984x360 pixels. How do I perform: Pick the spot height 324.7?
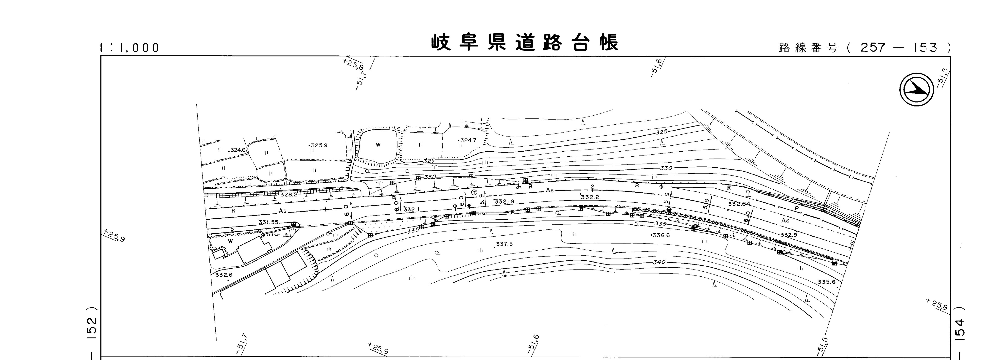(468, 140)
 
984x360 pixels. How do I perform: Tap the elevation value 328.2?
(289, 194)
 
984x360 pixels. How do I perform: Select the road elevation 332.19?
(504, 201)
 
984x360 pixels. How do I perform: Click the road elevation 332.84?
(739, 204)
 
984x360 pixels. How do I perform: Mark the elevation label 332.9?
(789, 235)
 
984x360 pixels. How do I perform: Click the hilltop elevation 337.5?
(504, 244)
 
